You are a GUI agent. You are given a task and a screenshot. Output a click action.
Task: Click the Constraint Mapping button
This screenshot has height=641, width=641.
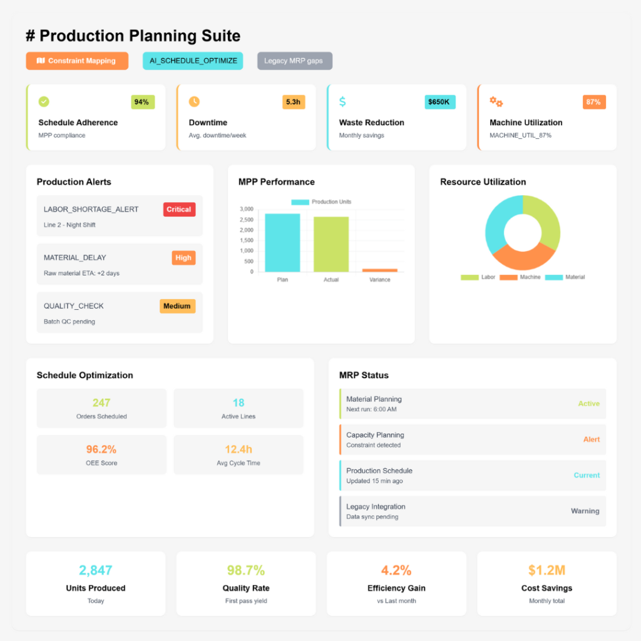tap(77, 61)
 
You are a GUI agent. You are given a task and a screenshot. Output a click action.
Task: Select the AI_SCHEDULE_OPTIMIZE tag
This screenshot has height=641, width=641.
tap(193, 61)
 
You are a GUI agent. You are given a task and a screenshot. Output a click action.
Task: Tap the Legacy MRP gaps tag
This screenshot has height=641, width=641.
tap(294, 61)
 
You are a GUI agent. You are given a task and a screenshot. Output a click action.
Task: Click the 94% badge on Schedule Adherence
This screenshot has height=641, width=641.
tap(142, 102)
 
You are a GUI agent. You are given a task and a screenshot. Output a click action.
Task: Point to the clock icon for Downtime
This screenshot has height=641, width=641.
tap(194, 101)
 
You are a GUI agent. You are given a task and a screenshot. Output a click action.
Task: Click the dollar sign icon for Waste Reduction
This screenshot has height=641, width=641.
tap(342, 101)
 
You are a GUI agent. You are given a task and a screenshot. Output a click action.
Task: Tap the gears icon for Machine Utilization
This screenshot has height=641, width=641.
tap(496, 101)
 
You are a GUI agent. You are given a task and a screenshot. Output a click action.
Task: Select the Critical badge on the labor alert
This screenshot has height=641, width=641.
tap(179, 209)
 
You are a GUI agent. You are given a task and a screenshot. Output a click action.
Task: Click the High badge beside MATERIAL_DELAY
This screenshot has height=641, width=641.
tap(183, 257)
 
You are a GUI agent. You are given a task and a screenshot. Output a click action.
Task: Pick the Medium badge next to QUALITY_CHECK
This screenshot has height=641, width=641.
tap(177, 306)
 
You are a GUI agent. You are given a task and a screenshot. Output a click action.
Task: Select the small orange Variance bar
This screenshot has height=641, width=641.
tap(379, 270)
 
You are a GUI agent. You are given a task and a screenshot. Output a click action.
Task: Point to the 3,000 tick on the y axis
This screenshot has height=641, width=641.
tap(246, 209)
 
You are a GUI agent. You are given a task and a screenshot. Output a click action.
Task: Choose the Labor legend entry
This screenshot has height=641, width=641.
tap(479, 277)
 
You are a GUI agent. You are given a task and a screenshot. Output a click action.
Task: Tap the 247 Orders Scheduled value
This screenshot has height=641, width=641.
tap(101, 403)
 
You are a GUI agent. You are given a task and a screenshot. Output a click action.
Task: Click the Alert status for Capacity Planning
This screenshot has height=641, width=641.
tap(591, 439)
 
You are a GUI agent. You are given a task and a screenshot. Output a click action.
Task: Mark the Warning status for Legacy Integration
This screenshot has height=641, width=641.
tap(585, 511)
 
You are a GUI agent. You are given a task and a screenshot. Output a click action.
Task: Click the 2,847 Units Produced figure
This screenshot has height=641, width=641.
tap(95, 570)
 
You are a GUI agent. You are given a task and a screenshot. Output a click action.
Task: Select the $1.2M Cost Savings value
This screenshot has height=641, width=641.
tap(546, 570)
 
